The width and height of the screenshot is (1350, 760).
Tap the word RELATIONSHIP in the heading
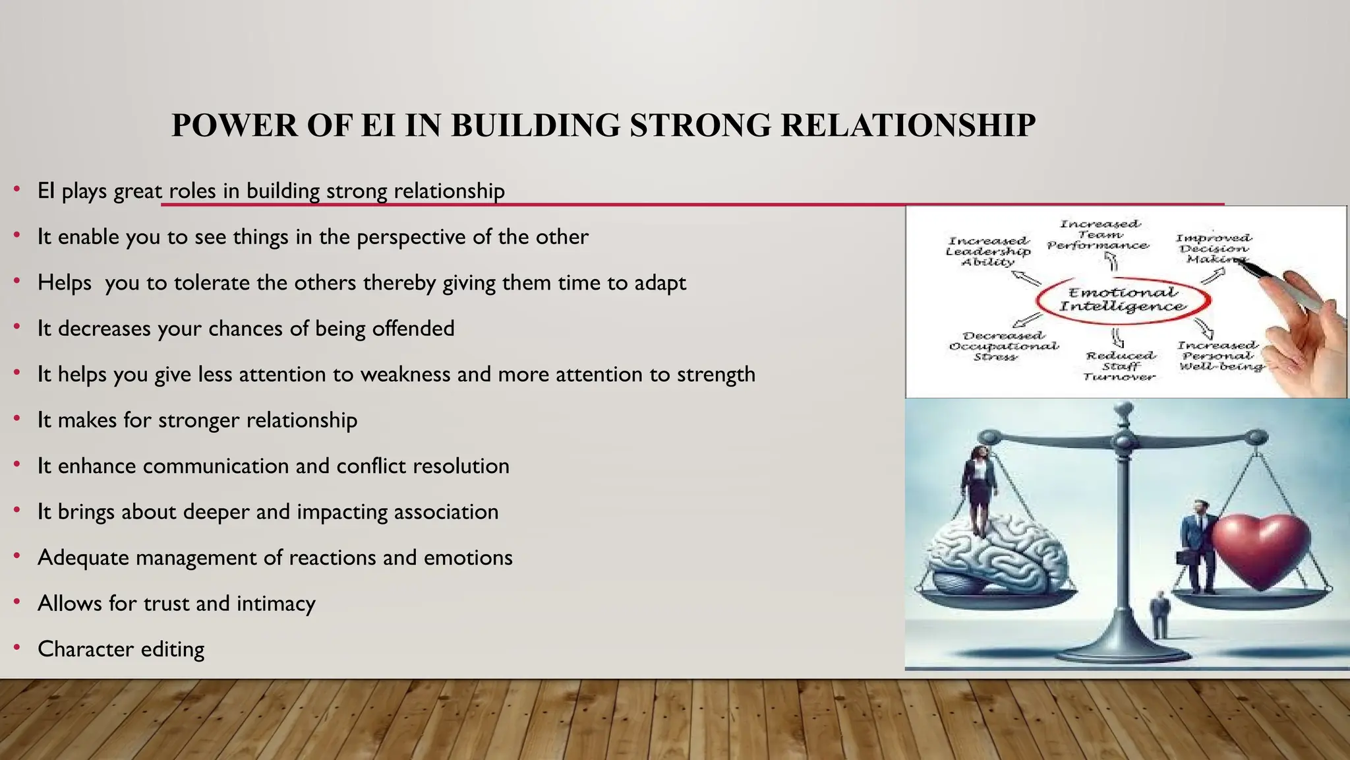click(908, 125)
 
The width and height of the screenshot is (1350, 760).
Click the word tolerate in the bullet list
click(212, 283)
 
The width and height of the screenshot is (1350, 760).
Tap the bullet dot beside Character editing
click(17, 649)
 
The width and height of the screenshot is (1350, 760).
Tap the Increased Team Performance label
click(1098, 235)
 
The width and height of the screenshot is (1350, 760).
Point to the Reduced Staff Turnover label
click(1119, 366)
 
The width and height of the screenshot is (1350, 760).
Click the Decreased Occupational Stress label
click(1003, 346)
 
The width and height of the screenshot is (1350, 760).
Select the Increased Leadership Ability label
click(987, 251)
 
